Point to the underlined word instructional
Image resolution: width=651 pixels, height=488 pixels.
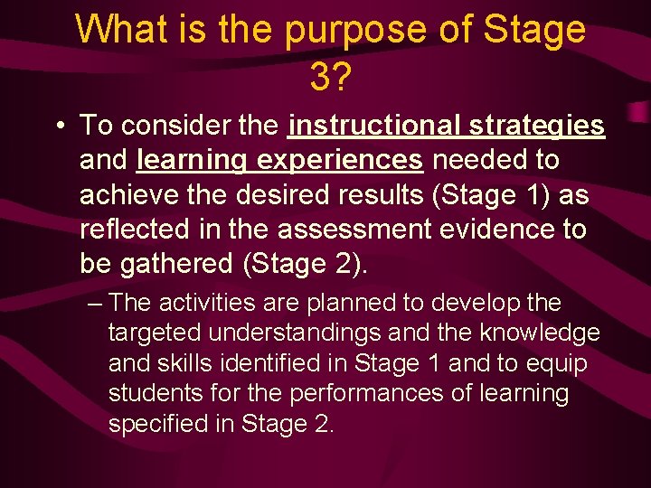coord(374,126)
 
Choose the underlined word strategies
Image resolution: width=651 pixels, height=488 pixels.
coord(537,126)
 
